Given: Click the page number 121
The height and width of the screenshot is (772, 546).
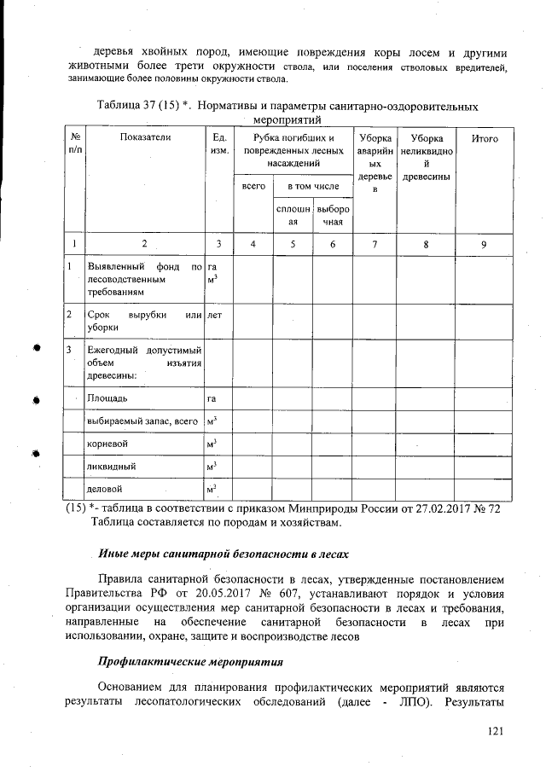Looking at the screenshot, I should pos(497,730).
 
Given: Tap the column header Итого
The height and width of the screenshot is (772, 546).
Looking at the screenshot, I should pos(484,138).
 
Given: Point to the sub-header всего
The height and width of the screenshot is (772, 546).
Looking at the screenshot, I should pos(253,185).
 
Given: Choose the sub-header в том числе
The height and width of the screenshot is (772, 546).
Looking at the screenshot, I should pos(312,185).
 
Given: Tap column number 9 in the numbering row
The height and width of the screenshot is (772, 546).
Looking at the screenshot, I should pos(484,245).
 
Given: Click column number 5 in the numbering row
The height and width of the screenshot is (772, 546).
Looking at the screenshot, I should pos(293,245).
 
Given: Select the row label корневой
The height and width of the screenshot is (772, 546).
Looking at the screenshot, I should pos(107,444).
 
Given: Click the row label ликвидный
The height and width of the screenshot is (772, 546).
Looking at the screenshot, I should pos(111,467).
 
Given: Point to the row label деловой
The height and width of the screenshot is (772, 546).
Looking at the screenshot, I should pos(106,490).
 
